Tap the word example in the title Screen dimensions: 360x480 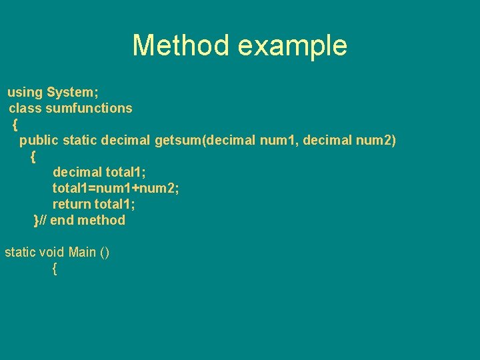pos(292,46)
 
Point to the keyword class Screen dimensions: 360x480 pos(25,108)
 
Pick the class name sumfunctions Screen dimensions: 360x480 pos(89,108)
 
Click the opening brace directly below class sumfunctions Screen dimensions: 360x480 pos(15,125)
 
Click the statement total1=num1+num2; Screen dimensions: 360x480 pos(116,189)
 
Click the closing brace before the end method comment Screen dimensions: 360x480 pos(36,221)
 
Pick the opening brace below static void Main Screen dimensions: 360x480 pos(54,269)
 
